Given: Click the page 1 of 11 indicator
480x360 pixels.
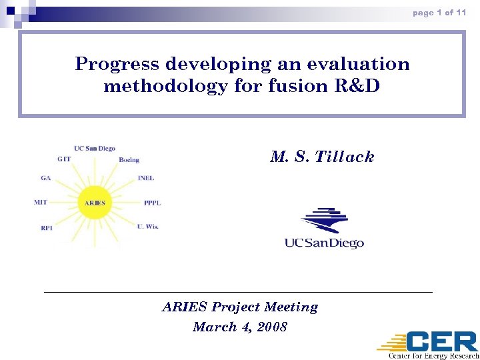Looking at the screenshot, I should (439, 13).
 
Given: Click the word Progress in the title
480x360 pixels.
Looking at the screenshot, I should (117, 64).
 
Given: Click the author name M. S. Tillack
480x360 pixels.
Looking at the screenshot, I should (322, 157).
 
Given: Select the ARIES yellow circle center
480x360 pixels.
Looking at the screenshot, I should (95, 203).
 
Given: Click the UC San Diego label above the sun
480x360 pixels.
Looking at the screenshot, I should (94, 149).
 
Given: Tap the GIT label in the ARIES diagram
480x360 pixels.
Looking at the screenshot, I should (64, 159).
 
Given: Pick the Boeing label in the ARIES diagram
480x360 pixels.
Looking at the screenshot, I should (129, 160).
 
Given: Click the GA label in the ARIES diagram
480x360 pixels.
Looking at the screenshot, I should (45, 179).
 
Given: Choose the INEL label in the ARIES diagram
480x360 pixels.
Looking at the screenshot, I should (146, 179).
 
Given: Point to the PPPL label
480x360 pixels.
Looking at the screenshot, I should (152, 203).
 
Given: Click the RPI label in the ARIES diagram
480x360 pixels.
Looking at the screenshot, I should (47, 227).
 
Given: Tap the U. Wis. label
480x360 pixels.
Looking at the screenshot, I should (147, 227).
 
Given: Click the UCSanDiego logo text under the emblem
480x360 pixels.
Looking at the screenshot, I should (324, 243).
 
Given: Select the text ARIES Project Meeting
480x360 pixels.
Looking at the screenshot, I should (240, 307).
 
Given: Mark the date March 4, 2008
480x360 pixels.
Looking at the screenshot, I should (240, 327).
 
